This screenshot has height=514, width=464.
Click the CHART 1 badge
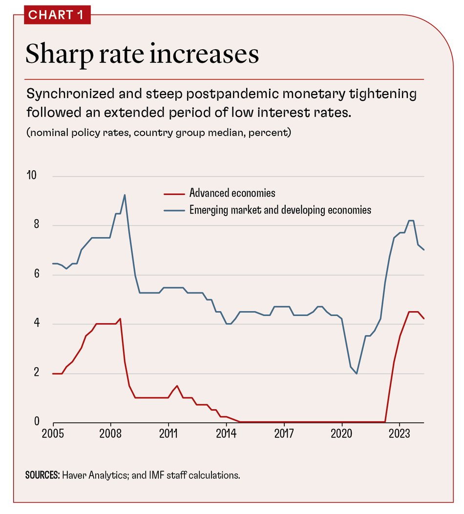(x=57, y=15)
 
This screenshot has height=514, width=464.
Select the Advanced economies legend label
(x=232, y=193)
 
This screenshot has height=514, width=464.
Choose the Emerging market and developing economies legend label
(x=280, y=210)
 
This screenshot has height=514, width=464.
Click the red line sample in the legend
(x=173, y=193)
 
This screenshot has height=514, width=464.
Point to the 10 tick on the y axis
(x=31, y=176)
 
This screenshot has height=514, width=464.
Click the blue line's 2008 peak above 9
(x=125, y=195)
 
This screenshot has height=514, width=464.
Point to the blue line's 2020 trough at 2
(x=357, y=374)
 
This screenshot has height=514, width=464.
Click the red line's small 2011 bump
(x=177, y=386)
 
